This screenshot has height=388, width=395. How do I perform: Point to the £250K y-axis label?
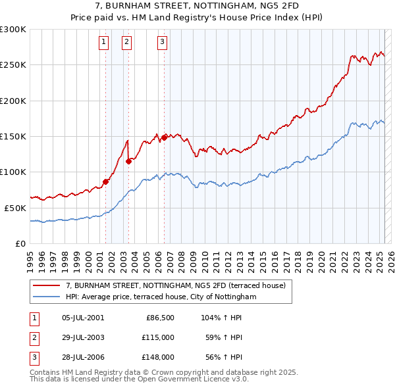(x=13, y=65)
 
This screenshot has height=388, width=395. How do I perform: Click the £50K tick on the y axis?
(x=16, y=208)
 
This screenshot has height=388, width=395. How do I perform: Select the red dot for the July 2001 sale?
(x=105, y=182)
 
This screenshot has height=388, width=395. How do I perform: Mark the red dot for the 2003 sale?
(x=128, y=161)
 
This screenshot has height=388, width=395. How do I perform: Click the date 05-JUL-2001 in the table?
(x=82, y=318)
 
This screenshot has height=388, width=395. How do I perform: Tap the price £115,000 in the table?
(x=157, y=337)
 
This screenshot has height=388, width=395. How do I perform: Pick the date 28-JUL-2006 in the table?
(x=82, y=357)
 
